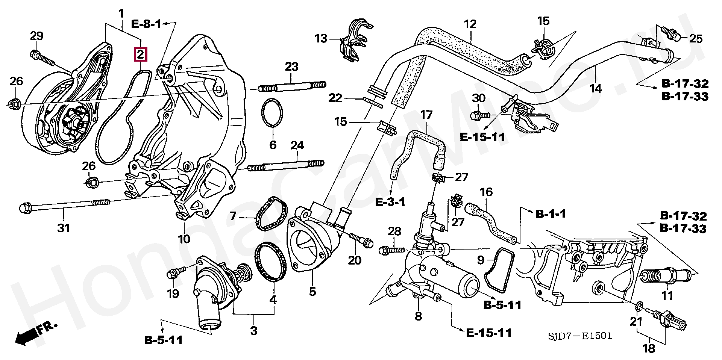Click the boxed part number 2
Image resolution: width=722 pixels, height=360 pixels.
tap(140, 54)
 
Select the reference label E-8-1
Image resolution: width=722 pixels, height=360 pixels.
tap(146, 24)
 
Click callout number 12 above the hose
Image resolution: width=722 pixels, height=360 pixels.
tap(470, 24)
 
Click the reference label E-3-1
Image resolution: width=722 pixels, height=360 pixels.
tap(390, 202)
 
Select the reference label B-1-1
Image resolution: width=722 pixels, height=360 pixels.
tap(551, 214)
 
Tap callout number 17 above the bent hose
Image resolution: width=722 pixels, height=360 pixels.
tap(427, 115)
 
